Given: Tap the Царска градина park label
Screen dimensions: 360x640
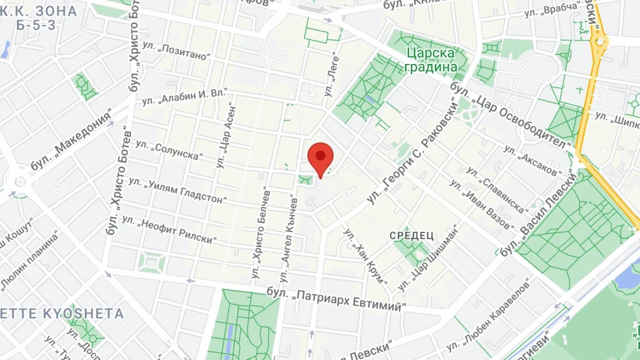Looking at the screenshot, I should pyautogui.click(x=433, y=60).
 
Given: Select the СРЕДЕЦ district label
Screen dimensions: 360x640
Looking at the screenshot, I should pyautogui.click(x=412, y=236).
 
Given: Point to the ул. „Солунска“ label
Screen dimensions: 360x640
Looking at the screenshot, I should pyautogui.click(x=169, y=150).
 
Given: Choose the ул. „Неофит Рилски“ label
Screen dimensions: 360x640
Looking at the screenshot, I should pyautogui.click(x=168, y=230).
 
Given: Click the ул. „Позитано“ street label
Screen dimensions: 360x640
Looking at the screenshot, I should pyautogui.click(x=178, y=52).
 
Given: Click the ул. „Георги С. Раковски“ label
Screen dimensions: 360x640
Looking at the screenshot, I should pyautogui.click(x=419, y=151).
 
